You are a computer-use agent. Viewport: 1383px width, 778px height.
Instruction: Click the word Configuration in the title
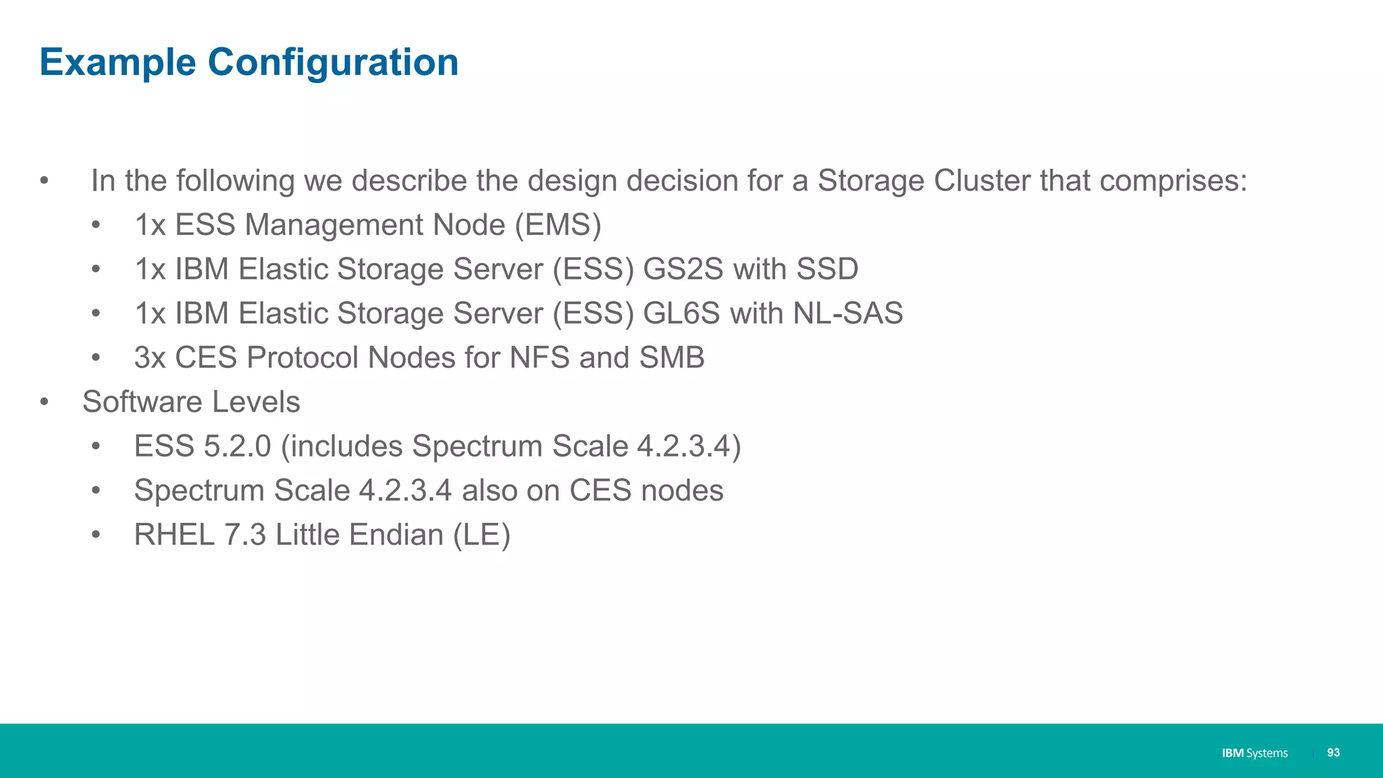pos(333,62)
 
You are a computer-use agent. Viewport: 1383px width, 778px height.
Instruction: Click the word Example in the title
pos(118,62)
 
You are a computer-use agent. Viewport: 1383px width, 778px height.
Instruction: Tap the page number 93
pos(1333,752)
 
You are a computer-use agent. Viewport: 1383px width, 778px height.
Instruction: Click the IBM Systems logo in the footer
pos(1254,753)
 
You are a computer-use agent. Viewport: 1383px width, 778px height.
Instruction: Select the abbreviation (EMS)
pos(558,225)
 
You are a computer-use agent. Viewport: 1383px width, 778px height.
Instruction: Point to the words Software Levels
pos(191,402)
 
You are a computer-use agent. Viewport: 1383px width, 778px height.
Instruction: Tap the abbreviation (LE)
pos(481,535)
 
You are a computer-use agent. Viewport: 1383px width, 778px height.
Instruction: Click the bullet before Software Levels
pos(45,403)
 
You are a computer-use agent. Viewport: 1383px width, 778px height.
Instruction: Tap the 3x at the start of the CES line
pos(149,358)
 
